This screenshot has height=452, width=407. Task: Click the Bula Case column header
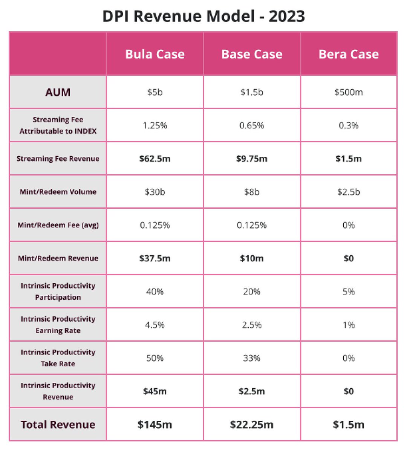(x=155, y=54)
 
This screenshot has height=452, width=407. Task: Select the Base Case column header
(x=252, y=54)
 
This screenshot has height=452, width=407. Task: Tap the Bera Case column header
(x=349, y=54)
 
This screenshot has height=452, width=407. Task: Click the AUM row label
(x=58, y=92)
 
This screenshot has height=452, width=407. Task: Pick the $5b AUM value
(x=155, y=92)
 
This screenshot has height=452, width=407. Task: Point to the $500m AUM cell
(x=349, y=92)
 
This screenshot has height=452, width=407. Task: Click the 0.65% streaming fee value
(x=252, y=125)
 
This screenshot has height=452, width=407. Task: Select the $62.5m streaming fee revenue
(x=155, y=159)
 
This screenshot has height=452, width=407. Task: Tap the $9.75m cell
(x=252, y=159)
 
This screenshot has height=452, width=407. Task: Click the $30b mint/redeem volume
(x=155, y=192)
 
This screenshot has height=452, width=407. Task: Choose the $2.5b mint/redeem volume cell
(x=349, y=192)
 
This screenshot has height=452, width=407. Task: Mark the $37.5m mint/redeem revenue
(x=155, y=258)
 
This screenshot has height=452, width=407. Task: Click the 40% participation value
(x=155, y=292)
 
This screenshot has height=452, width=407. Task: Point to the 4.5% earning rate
(x=155, y=325)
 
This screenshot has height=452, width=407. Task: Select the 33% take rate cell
(x=252, y=358)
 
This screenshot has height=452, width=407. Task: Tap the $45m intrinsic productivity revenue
(x=155, y=391)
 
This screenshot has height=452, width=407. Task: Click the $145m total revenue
(x=155, y=425)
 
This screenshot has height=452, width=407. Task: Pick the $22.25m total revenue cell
(x=252, y=425)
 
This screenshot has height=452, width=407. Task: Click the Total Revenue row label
(x=58, y=425)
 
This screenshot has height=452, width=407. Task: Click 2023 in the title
(x=287, y=16)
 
